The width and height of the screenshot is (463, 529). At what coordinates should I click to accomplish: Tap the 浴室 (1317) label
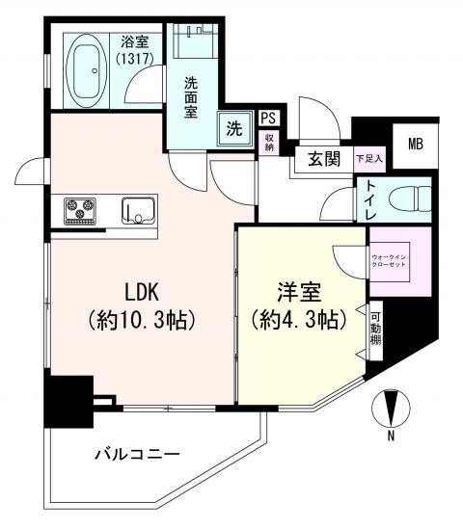pyautogui.click(x=133, y=51)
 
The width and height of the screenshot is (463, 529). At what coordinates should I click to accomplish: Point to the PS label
pyautogui.click(x=268, y=118)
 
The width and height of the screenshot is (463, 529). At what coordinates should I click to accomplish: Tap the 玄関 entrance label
pyautogui.click(x=323, y=159)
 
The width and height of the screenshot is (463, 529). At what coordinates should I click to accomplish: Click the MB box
pyautogui.click(x=415, y=145)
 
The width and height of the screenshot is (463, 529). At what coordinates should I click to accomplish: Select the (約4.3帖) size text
pyautogui.click(x=297, y=320)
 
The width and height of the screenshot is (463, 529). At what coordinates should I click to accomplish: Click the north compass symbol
pyautogui.click(x=391, y=410)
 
